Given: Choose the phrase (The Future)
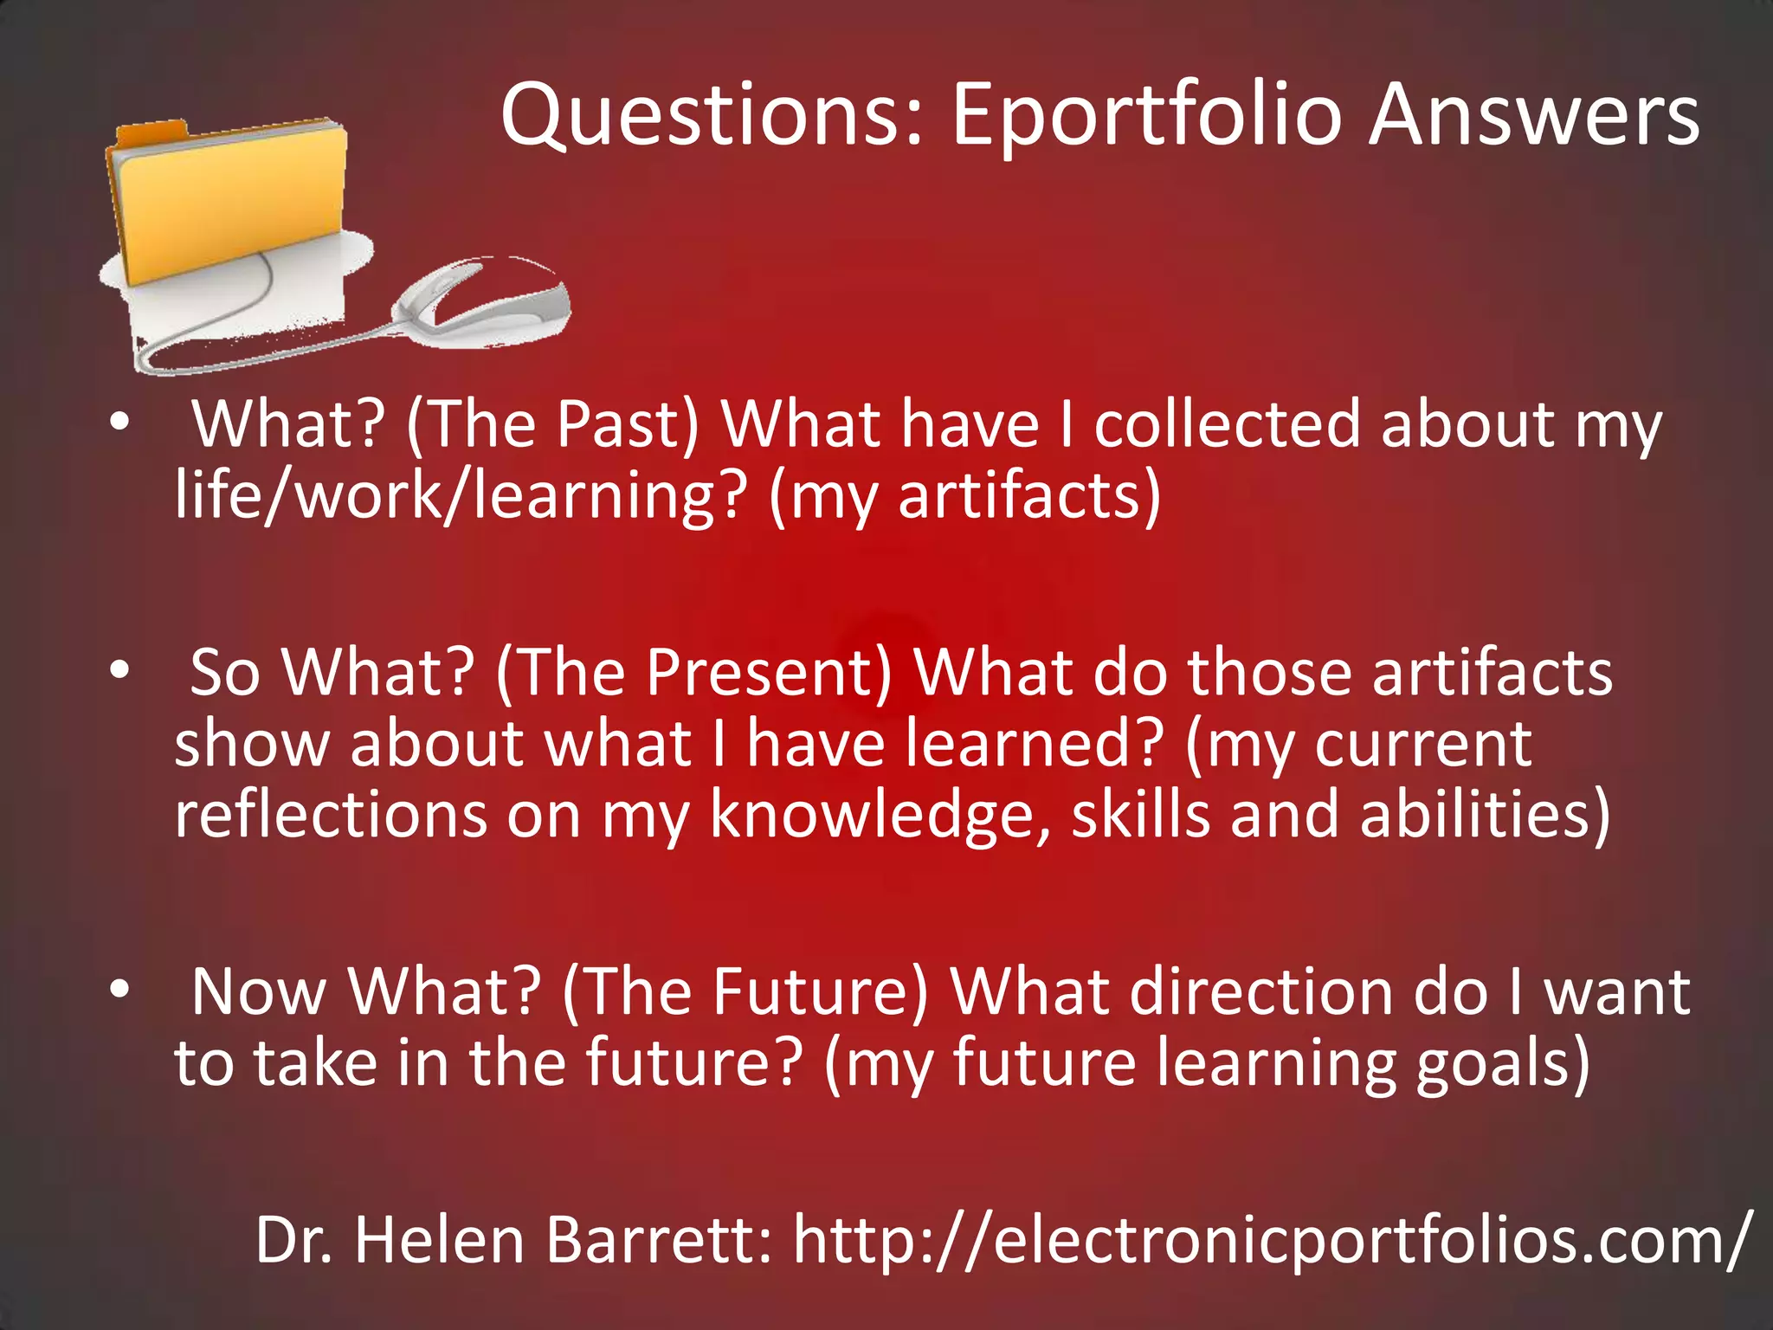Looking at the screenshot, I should pyautogui.click(x=745, y=991).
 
